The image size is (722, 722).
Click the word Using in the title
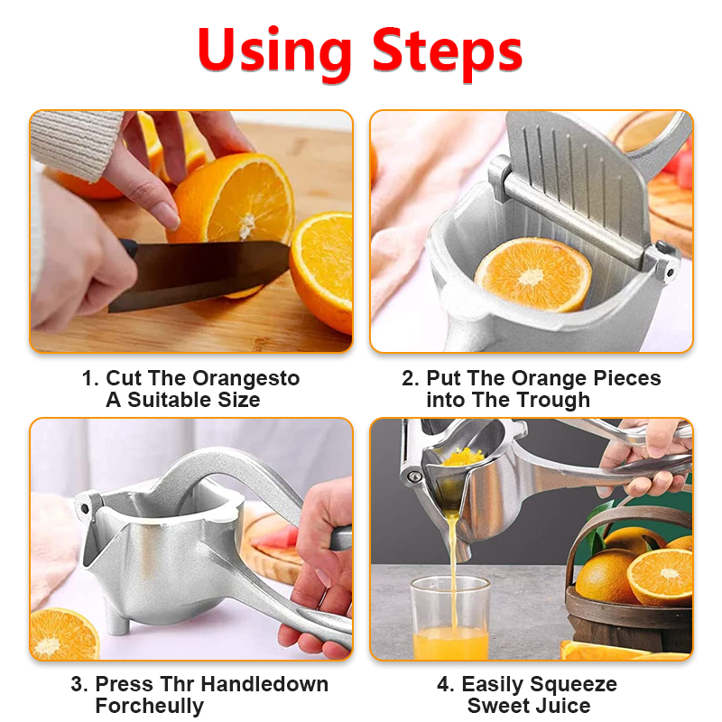(x=274, y=53)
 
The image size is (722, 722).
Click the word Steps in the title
(x=447, y=53)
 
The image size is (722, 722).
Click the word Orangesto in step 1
(x=245, y=378)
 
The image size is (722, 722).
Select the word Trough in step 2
(x=554, y=400)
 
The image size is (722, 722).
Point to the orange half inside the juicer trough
(x=532, y=274)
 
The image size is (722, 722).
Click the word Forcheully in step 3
(x=150, y=707)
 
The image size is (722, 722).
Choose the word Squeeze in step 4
(x=573, y=685)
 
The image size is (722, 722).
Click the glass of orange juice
(x=449, y=617)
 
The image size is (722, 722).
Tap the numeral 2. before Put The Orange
(x=411, y=378)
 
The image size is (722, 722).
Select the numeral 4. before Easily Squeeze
(x=446, y=685)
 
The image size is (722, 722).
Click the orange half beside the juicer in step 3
(x=63, y=634)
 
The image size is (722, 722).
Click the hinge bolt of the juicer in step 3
(x=85, y=508)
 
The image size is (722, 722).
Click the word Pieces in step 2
(x=627, y=378)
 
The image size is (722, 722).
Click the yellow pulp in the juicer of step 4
(x=463, y=458)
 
